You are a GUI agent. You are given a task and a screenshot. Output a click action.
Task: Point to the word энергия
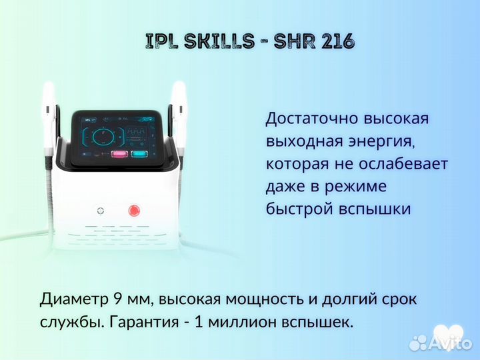tap(375, 141)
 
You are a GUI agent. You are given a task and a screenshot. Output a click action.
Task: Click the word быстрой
tap(296, 209)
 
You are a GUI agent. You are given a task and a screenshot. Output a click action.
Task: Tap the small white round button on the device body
tap(100, 211)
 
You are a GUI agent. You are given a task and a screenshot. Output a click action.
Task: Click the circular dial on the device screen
tap(105, 137)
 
